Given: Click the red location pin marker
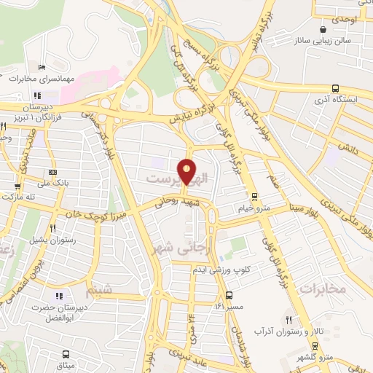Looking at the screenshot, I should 187,171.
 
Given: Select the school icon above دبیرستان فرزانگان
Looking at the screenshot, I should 36,95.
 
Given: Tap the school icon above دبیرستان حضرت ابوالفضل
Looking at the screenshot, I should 60,296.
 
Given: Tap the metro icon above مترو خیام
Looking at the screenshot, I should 254,196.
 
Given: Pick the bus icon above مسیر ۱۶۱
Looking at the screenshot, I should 229,296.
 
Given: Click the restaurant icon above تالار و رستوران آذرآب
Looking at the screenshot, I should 289,320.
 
